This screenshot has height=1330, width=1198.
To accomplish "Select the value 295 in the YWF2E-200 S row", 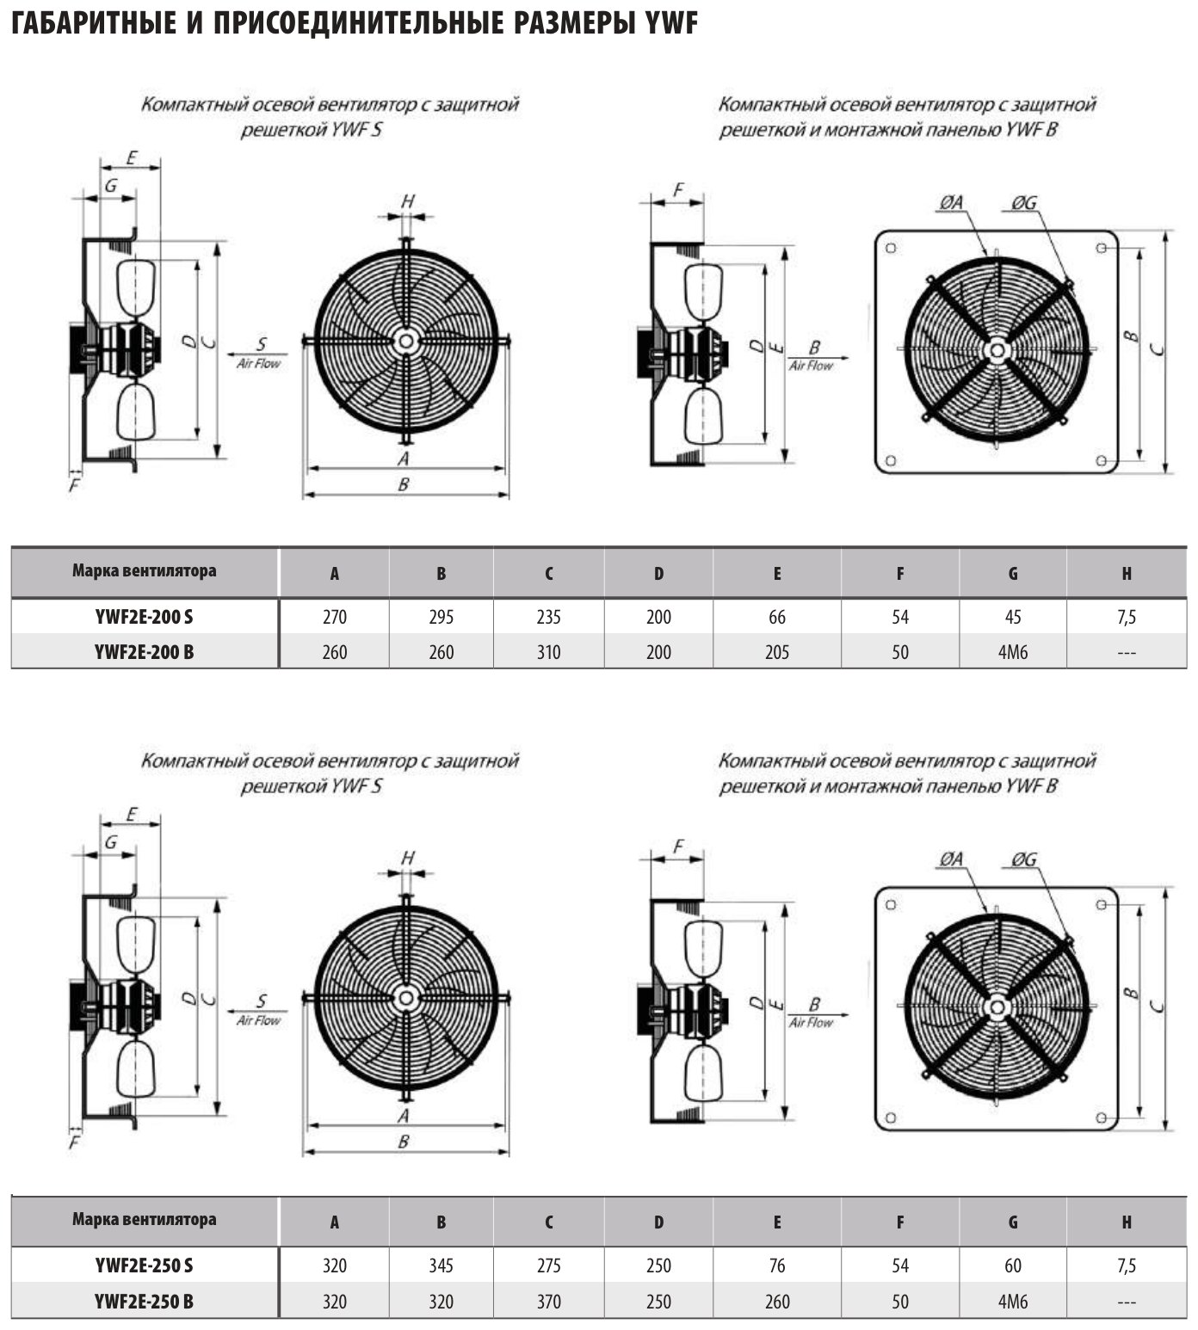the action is tap(441, 617).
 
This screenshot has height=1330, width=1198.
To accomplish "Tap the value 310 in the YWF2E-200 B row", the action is tap(548, 652).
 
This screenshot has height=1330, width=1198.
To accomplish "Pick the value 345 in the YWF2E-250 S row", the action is tap(441, 1265).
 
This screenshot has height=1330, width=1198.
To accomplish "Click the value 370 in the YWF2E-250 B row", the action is tap(548, 1302).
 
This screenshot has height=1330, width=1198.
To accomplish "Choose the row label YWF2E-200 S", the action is tap(145, 617).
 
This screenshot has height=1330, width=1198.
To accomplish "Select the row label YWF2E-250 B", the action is tap(145, 1302).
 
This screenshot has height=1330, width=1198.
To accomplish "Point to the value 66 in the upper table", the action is tap(777, 617).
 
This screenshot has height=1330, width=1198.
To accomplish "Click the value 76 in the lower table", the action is tap(777, 1265).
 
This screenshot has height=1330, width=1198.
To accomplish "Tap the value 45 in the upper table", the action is tap(1013, 617).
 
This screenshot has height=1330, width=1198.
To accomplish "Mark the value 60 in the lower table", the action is tap(1013, 1265).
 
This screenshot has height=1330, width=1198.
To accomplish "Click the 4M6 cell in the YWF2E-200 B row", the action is tap(1013, 652).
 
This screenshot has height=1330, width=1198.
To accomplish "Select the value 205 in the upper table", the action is tap(777, 652).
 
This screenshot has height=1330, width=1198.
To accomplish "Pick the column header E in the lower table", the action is tap(777, 1222).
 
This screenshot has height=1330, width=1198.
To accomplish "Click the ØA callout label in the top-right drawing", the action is tap(951, 203).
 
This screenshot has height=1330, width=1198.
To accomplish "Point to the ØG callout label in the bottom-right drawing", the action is tap(1024, 859).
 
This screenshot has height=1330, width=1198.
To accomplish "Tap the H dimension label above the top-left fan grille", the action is tap(408, 201).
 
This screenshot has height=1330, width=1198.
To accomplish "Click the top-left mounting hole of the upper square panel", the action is tap(891, 248).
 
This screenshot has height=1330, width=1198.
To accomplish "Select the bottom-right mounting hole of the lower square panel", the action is tap(1102, 1117).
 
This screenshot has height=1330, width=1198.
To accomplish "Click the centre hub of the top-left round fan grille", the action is tap(405, 341).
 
